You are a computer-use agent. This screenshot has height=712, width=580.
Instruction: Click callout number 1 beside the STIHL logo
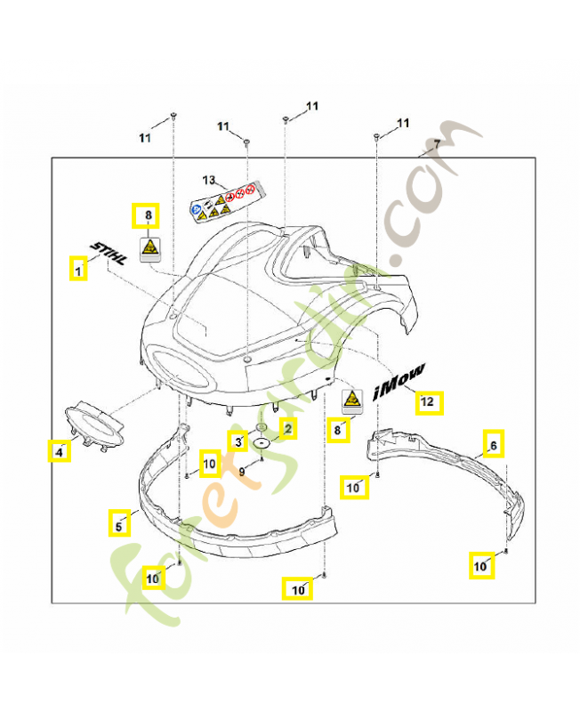pos(79,268)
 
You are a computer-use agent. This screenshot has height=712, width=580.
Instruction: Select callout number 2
pos(287,428)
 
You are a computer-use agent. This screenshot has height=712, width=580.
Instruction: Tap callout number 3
pos(238,441)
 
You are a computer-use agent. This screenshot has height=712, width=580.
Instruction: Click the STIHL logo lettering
pos(108,251)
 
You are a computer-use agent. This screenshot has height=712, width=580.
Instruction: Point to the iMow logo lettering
pos(399,378)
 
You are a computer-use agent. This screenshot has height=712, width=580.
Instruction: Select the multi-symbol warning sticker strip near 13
pos(230,201)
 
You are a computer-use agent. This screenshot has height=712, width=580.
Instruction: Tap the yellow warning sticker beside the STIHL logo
pos(149,248)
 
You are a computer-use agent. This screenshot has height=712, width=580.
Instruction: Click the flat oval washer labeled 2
pos(262,441)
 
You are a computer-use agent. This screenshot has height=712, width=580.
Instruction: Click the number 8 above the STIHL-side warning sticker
pos(147,215)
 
